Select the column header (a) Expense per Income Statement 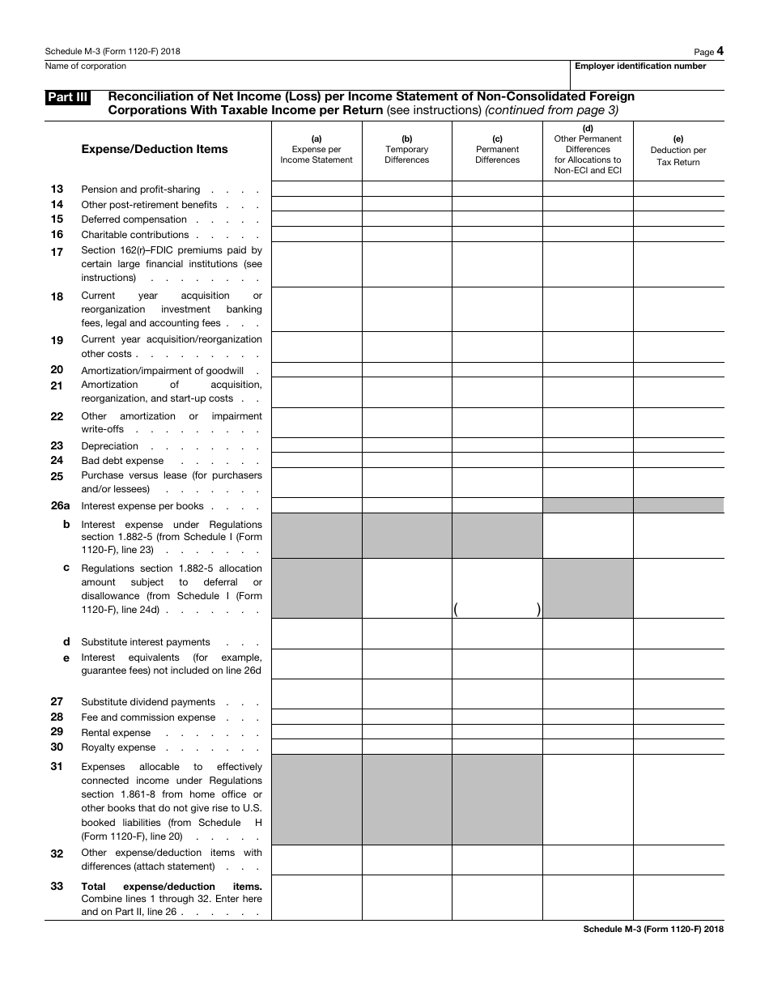click(x=317, y=149)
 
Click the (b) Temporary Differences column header click(x=406, y=149)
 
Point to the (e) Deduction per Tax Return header click(x=678, y=151)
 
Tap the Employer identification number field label click(x=640, y=66)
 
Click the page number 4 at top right click(x=720, y=51)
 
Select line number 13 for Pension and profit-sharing click(x=57, y=189)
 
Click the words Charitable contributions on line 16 click(x=134, y=235)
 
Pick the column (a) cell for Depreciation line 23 click(x=317, y=445)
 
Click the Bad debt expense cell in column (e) click(x=678, y=461)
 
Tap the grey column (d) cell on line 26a click(x=588, y=506)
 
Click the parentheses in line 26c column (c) click(x=497, y=611)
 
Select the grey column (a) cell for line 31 click(x=317, y=799)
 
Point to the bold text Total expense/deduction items click(x=171, y=887)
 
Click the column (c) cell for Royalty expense click(x=497, y=747)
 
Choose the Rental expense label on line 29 click(x=116, y=733)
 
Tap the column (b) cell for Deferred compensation click(x=406, y=219)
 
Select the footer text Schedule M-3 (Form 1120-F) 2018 click(x=652, y=930)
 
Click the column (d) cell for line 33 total click(x=588, y=897)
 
